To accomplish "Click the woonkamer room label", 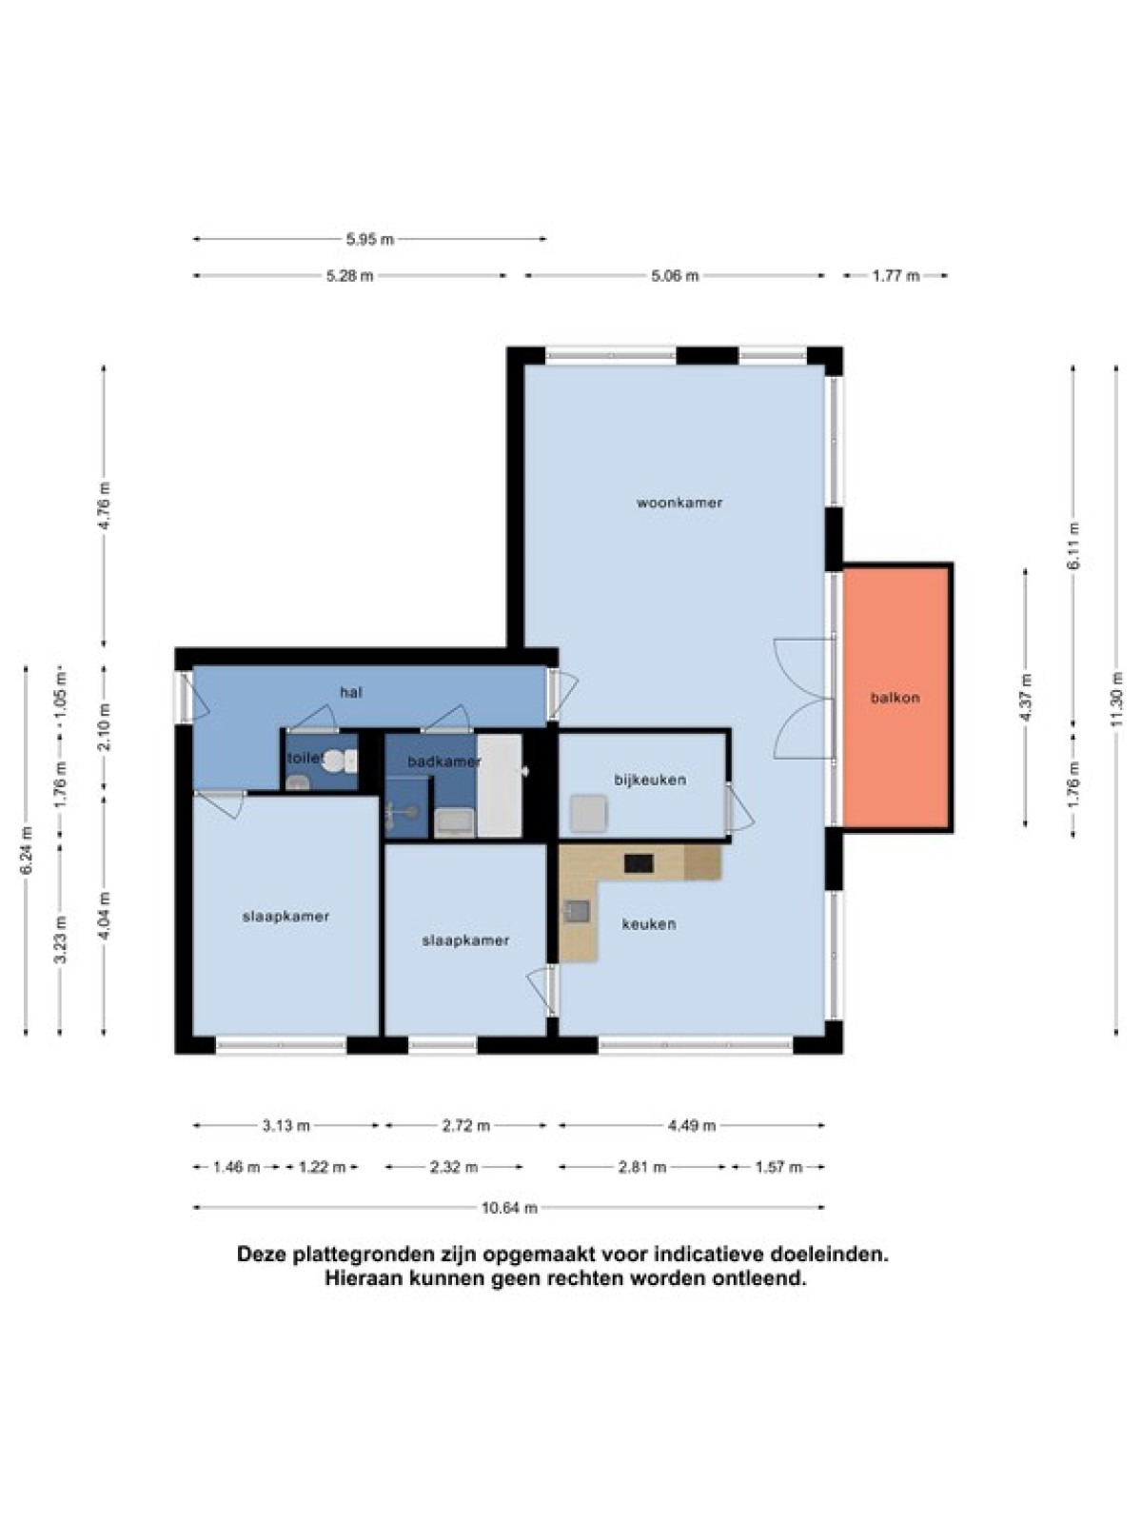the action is [679, 503].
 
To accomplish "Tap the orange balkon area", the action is [896, 698].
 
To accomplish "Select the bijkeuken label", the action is [650, 780].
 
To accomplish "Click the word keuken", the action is [648, 924].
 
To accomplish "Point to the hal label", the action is [351, 692].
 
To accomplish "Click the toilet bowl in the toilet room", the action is [336, 761].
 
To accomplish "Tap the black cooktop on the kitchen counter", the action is [639, 863].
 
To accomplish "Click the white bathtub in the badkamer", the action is [500, 785].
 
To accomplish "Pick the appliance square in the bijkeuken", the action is [589, 814].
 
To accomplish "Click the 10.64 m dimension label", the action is [510, 1208].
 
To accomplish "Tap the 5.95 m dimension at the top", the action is [370, 239].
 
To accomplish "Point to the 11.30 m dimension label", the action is [1115, 701].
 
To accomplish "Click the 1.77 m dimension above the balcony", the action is [896, 276].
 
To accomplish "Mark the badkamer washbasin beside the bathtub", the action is [454, 823].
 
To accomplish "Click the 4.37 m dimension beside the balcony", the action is [1026, 698].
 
